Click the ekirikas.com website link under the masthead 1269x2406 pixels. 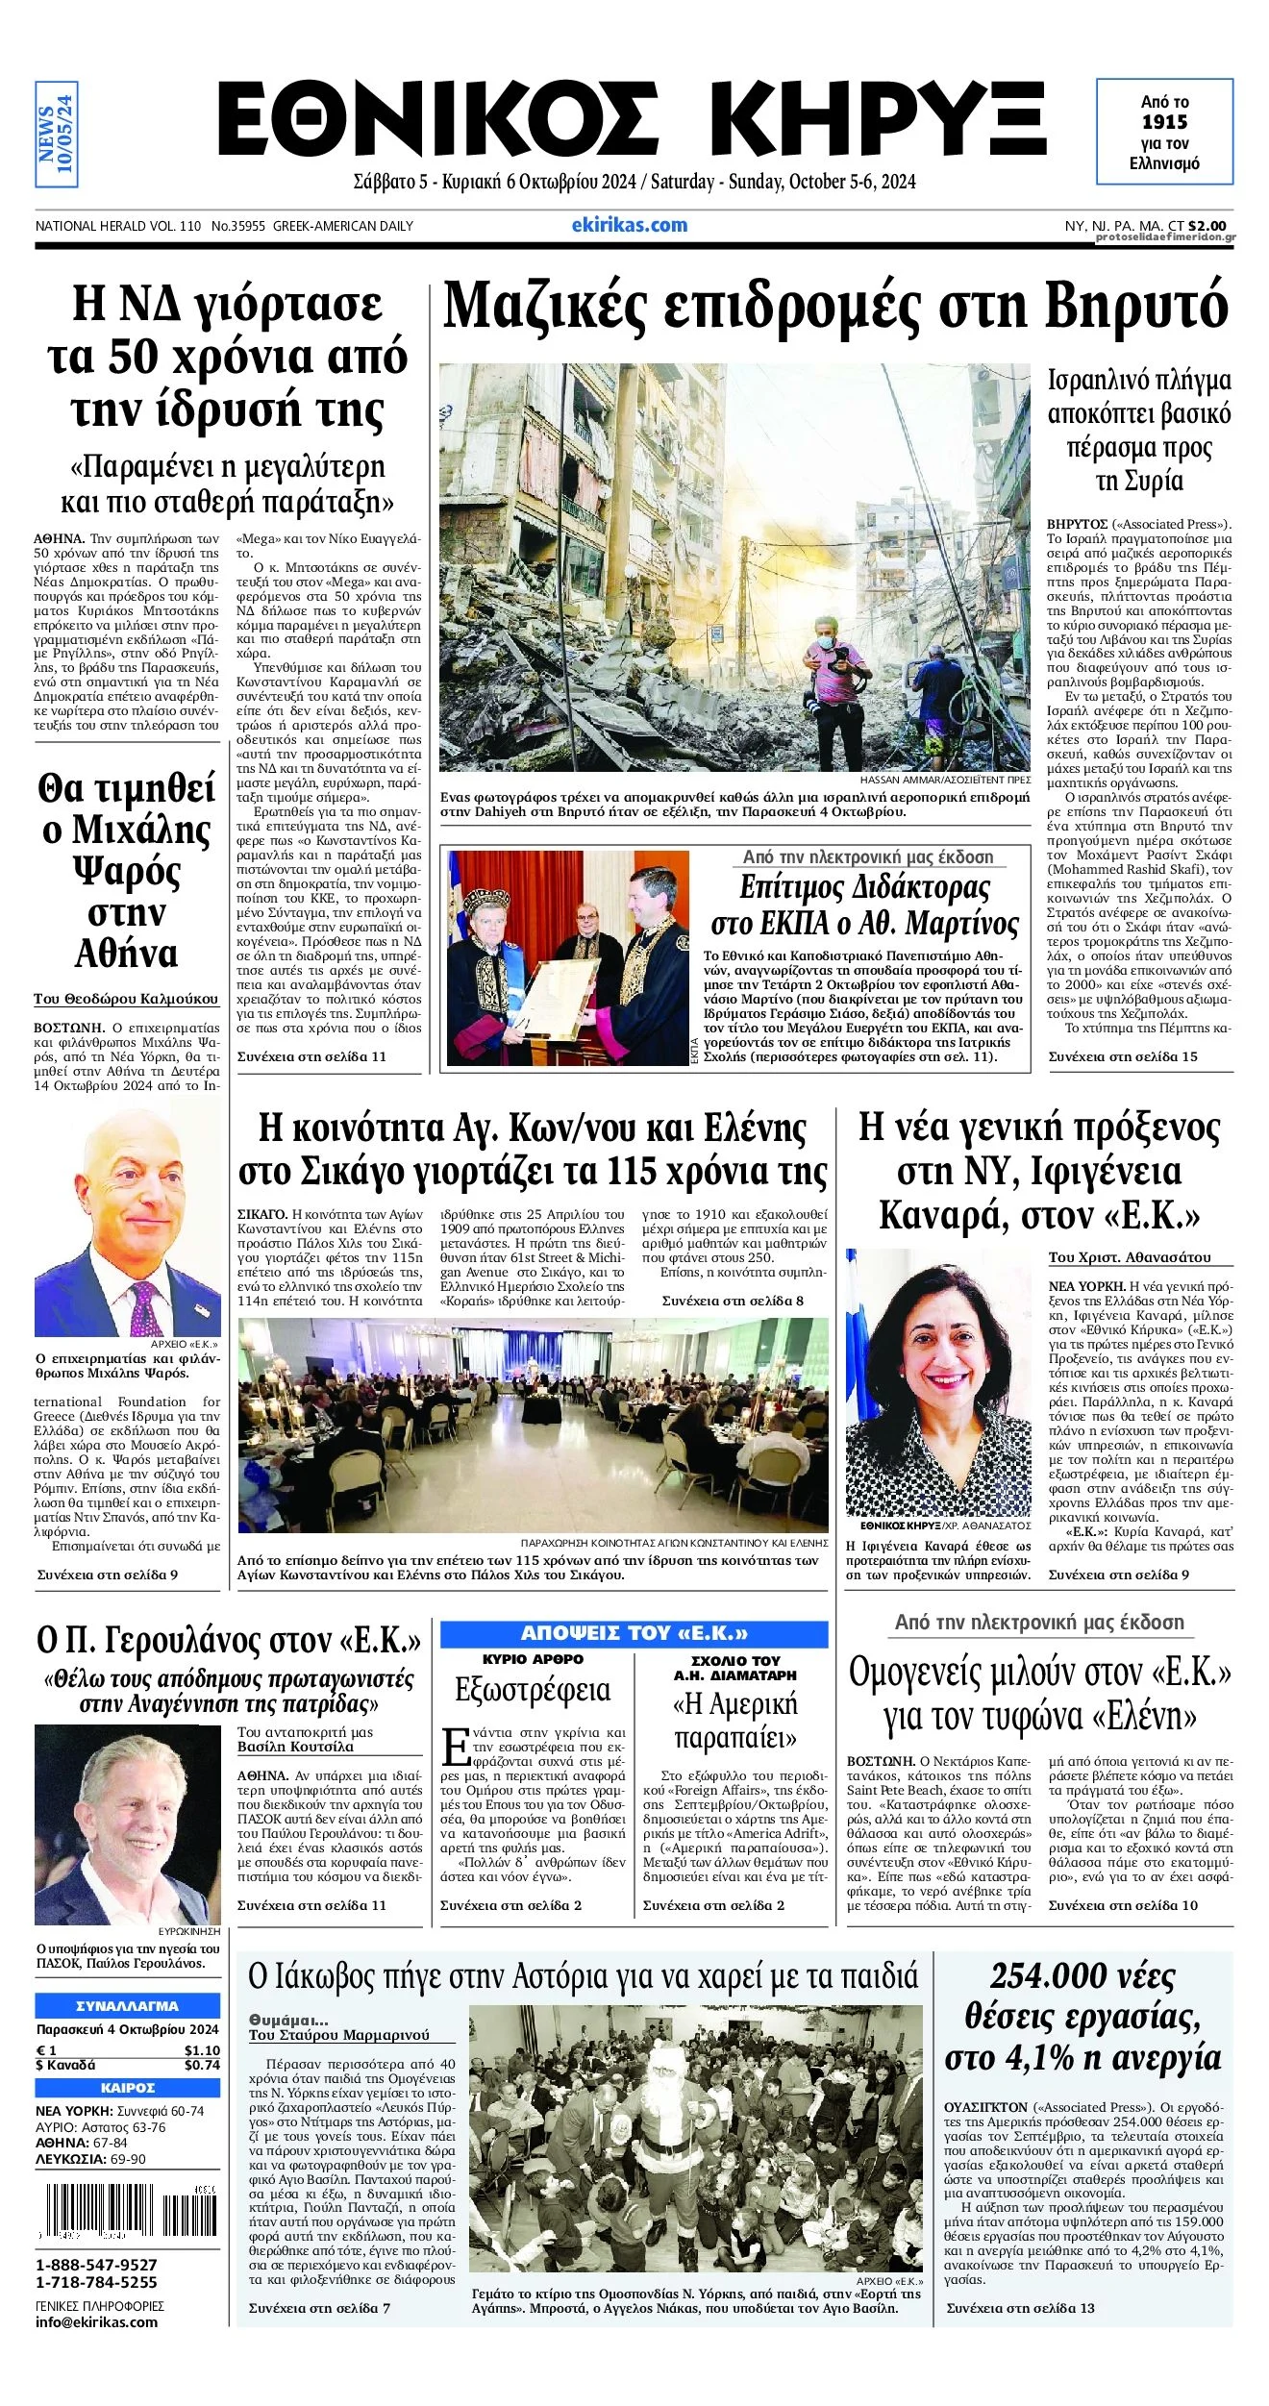tap(629, 225)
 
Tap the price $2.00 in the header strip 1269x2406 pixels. tap(1207, 226)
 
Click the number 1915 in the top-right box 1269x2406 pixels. tap(1164, 122)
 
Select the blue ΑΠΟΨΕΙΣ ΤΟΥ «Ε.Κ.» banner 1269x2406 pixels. tap(634, 1633)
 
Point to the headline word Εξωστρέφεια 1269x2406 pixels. tap(532, 1690)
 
